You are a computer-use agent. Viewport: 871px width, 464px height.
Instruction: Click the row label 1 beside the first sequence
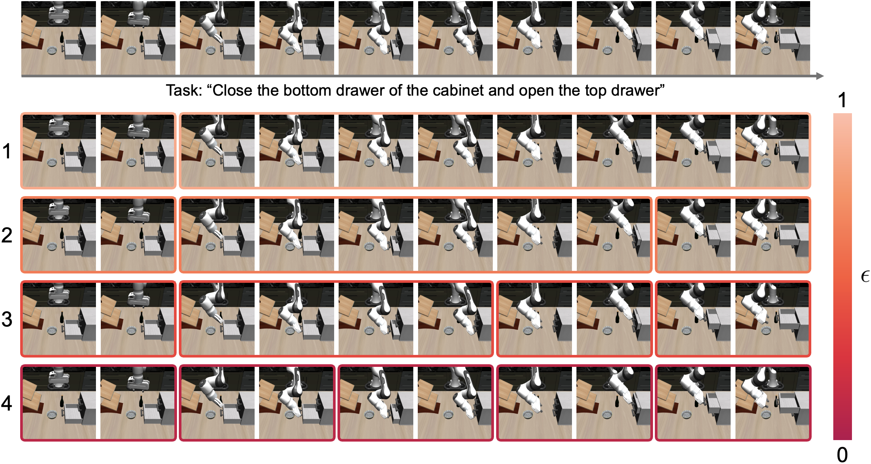click(7, 151)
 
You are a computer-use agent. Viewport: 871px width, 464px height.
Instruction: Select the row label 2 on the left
click(7, 235)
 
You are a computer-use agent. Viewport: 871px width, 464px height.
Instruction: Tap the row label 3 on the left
click(7, 319)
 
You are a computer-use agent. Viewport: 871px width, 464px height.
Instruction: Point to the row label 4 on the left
click(7, 403)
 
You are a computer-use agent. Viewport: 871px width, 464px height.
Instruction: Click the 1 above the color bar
click(842, 100)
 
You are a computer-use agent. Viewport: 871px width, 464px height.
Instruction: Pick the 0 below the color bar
click(842, 455)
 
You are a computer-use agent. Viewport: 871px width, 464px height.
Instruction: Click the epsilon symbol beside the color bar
click(865, 276)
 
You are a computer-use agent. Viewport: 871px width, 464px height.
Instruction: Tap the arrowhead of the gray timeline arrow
click(820, 76)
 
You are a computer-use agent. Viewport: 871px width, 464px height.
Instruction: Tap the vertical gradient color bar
click(842, 276)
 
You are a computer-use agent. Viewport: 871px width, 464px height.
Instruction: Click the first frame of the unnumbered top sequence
click(59, 38)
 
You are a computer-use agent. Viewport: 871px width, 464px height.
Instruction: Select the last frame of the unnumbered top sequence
click(772, 38)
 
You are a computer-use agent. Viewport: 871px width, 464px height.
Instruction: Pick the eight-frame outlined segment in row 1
click(495, 151)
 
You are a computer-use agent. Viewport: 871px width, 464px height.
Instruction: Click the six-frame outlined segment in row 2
click(415, 235)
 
